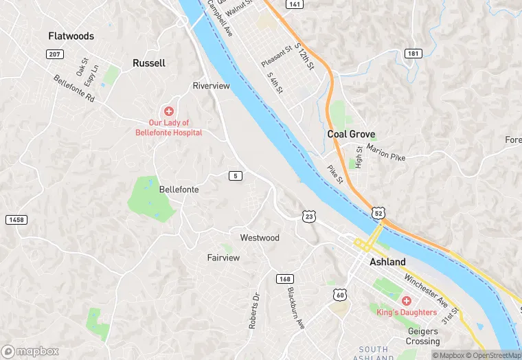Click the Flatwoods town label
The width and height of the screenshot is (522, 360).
click(x=71, y=36)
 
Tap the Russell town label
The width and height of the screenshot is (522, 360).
click(x=148, y=63)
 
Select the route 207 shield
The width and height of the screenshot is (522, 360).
click(x=54, y=54)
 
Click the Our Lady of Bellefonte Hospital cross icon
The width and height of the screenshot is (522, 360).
click(x=168, y=111)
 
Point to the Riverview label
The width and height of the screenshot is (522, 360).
click(x=211, y=86)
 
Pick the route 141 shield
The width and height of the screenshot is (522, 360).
click(x=295, y=4)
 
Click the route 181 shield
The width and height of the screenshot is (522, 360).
click(x=413, y=54)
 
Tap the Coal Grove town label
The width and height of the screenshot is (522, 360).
click(x=351, y=135)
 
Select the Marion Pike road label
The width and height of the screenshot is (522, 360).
click(x=385, y=152)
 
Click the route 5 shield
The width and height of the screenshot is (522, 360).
click(x=236, y=176)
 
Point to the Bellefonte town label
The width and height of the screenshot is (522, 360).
click(x=179, y=189)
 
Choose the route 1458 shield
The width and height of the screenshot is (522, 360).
click(x=16, y=220)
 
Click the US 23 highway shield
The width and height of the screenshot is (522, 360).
click(x=308, y=216)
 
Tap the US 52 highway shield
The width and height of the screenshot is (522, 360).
click(x=378, y=214)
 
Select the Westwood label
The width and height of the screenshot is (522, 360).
click(x=259, y=238)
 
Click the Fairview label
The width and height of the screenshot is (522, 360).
click(x=223, y=258)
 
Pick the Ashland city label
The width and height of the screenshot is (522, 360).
click(x=387, y=262)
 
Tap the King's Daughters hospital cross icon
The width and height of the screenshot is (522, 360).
click(x=406, y=301)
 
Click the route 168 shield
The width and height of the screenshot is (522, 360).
click(x=284, y=279)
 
